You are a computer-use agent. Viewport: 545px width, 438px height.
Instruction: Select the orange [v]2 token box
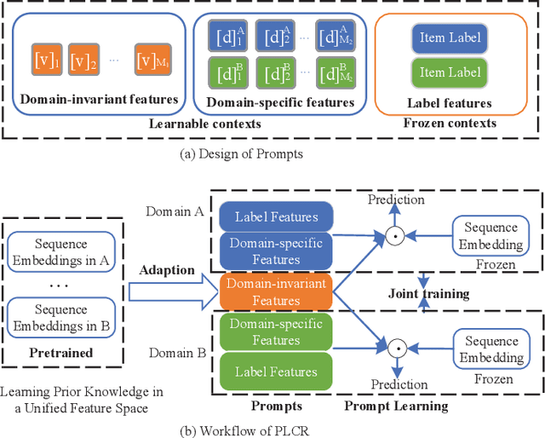pos(83,61)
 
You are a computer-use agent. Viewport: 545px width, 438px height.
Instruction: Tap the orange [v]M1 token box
pos(153,61)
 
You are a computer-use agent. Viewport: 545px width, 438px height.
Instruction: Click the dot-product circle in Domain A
pos(393,233)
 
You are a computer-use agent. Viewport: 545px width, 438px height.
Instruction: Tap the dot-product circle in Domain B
pos(393,348)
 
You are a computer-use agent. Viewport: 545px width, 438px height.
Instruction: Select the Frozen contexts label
pos(448,122)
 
